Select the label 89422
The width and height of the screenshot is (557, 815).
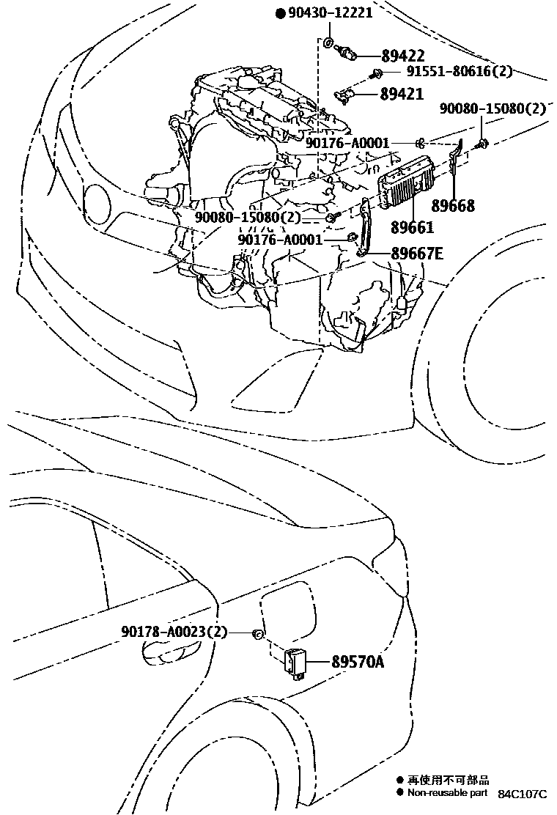(x=403, y=56)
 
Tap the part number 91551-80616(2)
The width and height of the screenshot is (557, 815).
(x=460, y=72)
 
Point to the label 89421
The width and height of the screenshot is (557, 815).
(x=402, y=94)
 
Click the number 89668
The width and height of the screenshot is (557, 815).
(x=452, y=206)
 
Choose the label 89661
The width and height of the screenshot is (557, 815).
(x=412, y=227)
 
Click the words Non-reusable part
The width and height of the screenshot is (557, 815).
(x=447, y=792)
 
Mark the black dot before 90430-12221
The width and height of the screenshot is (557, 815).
(x=280, y=13)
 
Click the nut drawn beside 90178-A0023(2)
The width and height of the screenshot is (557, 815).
(x=257, y=633)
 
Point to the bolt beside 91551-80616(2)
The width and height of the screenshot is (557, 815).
(x=377, y=72)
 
